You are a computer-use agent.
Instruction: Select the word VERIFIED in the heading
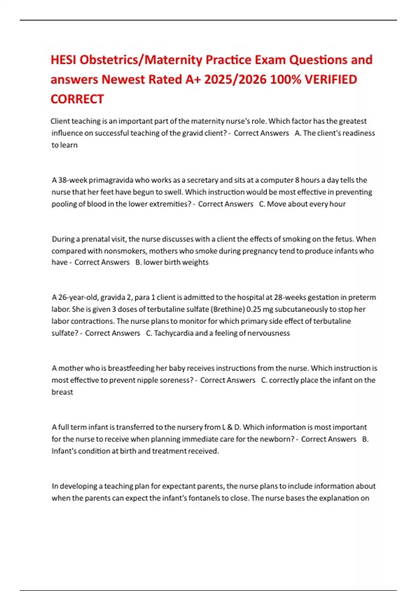330,80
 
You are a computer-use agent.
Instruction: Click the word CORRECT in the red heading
77,99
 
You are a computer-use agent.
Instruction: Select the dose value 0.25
253,309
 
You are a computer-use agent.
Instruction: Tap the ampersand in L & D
229,427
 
